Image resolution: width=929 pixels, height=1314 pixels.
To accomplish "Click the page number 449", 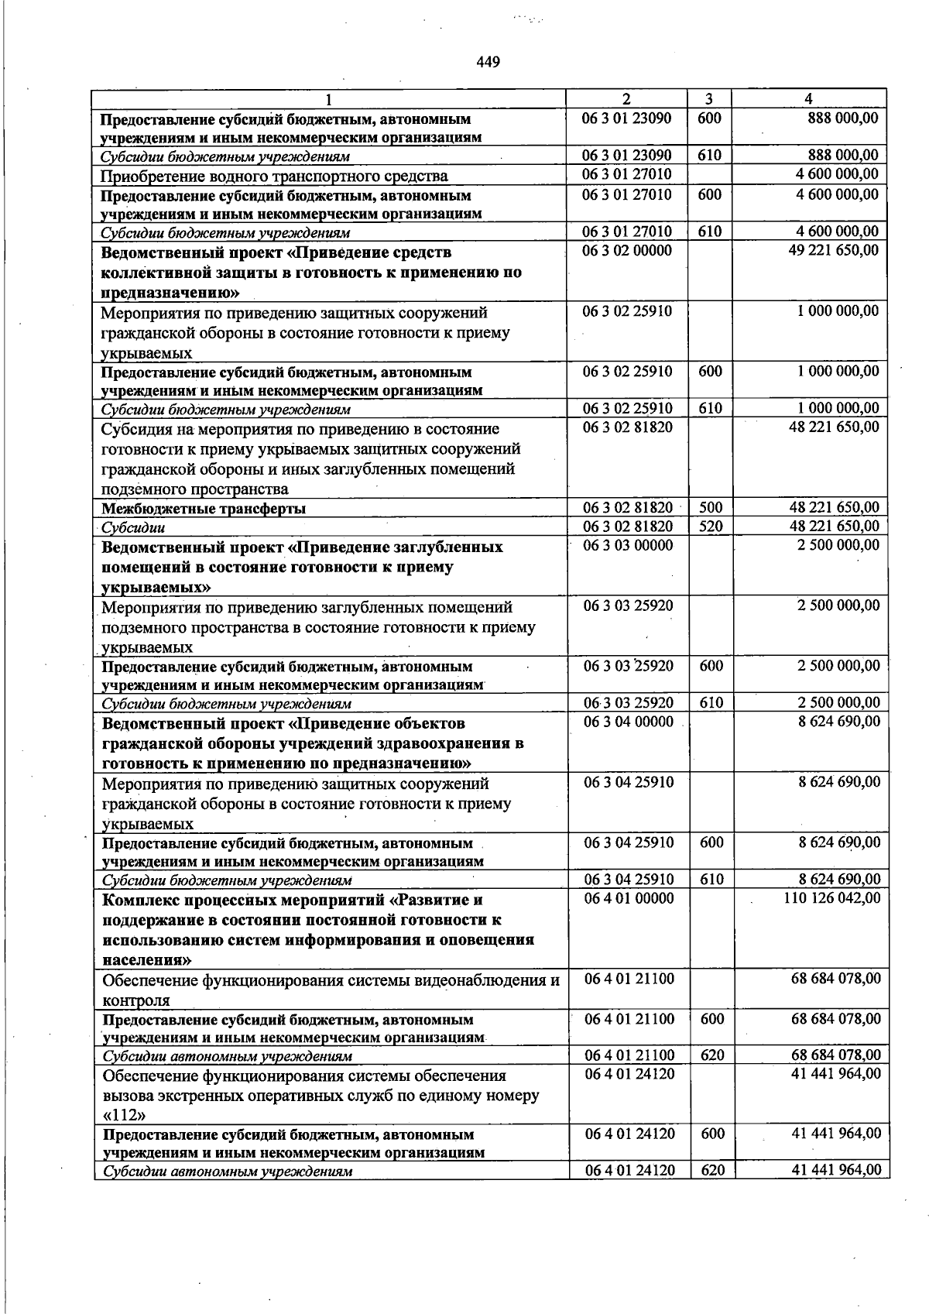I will [x=488, y=63].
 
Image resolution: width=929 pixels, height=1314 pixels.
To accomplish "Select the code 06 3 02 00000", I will [x=627, y=251].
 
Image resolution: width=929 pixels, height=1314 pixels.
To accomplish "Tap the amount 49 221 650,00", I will [x=833, y=251].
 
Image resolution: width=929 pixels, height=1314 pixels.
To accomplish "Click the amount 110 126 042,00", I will [x=832, y=898].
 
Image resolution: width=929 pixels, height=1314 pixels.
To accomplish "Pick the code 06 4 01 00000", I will [x=629, y=898].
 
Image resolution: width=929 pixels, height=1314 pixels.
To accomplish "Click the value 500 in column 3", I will [x=710, y=508].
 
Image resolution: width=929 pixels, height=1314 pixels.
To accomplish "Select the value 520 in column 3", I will [x=710, y=527].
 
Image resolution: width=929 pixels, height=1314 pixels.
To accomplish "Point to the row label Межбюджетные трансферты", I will [x=204, y=509].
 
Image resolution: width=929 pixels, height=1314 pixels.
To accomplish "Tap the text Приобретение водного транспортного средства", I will [x=275, y=177].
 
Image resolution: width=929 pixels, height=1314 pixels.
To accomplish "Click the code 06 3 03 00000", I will [x=628, y=545].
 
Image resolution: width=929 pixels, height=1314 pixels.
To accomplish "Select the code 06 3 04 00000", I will [x=629, y=722].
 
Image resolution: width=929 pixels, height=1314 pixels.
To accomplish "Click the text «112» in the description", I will [x=124, y=1116].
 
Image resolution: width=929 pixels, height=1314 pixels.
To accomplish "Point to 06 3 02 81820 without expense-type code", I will [x=628, y=427].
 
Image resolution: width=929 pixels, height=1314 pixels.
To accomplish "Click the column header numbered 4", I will [x=808, y=99].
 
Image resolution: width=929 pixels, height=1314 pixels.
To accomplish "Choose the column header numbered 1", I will [x=328, y=99].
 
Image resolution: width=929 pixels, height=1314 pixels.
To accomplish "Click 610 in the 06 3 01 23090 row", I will [x=709, y=156].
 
